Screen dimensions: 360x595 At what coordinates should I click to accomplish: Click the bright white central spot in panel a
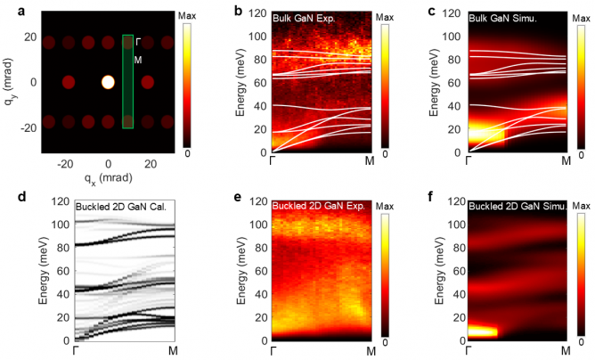coord(108,83)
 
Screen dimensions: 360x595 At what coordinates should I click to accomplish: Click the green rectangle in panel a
coord(127,82)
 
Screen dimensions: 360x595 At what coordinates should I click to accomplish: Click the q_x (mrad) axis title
coord(108,177)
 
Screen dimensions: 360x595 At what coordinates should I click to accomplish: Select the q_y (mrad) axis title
coord(10,82)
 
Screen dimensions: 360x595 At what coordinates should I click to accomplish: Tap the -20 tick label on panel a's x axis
coord(65,164)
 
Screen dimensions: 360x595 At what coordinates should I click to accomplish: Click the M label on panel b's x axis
coord(369,161)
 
